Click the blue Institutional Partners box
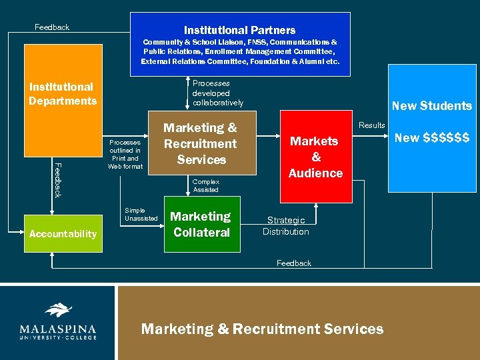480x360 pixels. point(239,40)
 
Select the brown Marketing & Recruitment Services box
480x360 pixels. point(200,143)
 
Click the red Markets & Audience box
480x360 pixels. point(315,157)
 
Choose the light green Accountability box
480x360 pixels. point(63,233)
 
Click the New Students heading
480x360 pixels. point(431,105)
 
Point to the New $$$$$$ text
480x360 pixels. point(431,138)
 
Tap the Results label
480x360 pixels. point(371,125)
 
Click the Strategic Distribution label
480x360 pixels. point(285,226)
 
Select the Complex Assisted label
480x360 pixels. point(205,185)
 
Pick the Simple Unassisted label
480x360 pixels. point(141,214)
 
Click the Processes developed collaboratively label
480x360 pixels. point(217,93)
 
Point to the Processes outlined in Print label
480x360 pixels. point(125,154)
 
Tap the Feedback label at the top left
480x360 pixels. point(51,27)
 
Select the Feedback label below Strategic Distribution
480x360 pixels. point(293,263)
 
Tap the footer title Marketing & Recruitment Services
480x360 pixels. point(262,329)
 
